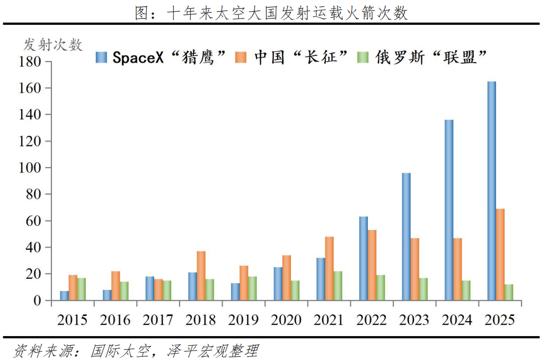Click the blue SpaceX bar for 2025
click(x=492, y=191)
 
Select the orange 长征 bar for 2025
click(x=500, y=254)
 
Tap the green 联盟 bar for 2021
click(x=338, y=286)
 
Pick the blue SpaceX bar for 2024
click(x=449, y=210)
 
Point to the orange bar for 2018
click(x=201, y=276)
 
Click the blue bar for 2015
click(x=64, y=296)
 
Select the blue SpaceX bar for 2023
click(x=406, y=236)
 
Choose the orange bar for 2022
click(x=372, y=265)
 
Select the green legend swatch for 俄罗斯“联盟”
click(x=364, y=57)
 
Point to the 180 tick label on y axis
click(x=30, y=62)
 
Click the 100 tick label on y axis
click(x=30, y=168)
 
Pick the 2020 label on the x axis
click(x=286, y=320)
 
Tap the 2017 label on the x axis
click(x=158, y=320)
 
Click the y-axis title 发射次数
click(x=53, y=45)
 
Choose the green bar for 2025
click(x=509, y=293)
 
